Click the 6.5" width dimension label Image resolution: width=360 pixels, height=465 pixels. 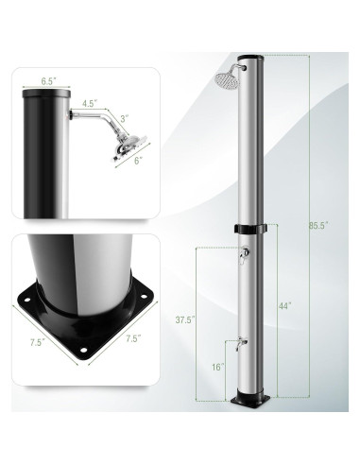point(48,81)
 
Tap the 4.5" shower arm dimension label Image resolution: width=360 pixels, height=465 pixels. point(90,103)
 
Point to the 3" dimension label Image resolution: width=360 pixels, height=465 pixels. point(125,119)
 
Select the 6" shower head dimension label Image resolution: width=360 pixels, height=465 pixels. point(137,161)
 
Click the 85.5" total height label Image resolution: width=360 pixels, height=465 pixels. point(318,225)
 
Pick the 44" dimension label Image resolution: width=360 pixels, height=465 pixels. point(284,306)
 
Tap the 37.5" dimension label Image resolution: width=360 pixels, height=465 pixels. point(185,320)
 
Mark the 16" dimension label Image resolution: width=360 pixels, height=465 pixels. point(217,367)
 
